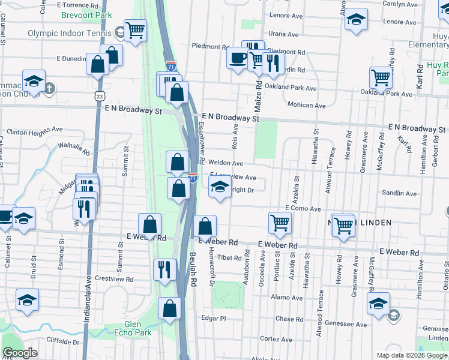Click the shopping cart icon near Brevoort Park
136,29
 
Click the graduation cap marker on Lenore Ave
356,20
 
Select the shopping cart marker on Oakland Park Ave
381,77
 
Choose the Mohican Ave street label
306,105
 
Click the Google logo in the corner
20,353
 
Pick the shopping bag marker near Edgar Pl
170,309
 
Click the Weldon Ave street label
225,163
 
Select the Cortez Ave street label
276,339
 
